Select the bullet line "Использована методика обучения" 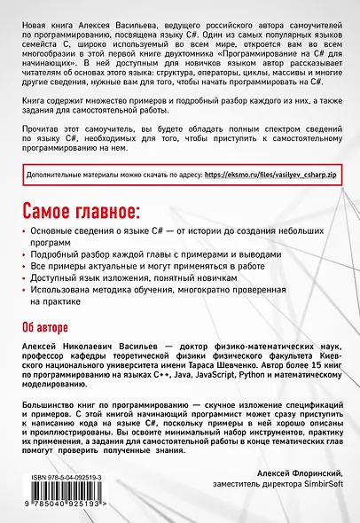(x=146, y=290)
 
